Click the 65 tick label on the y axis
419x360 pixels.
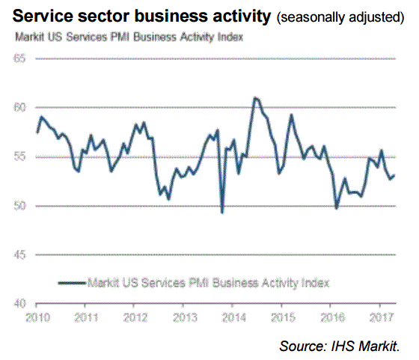tap(19, 58)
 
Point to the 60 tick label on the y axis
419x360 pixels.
tap(19, 108)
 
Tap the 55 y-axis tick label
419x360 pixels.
tap(19, 156)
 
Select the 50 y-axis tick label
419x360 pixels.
tap(19, 206)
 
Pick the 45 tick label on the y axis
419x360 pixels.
tap(19, 254)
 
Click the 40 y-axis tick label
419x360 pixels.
tap(19, 304)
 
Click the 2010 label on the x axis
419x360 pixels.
tap(37, 317)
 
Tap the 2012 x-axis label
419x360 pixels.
tap(135, 317)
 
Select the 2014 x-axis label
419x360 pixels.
tap(233, 317)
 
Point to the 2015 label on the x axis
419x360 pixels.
tap(283, 317)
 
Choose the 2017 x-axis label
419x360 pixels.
tap(382, 317)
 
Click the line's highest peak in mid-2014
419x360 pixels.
tap(255, 98)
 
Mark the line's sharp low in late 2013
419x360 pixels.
tap(222, 213)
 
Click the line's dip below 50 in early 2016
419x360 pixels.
tap(337, 208)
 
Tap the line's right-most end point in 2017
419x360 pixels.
tap(394, 175)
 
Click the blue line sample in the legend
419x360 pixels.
tap(72, 283)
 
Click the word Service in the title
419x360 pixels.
tap(43, 16)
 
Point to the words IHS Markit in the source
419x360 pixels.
tap(365, 346)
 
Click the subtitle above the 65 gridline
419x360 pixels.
tap(129, 37)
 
